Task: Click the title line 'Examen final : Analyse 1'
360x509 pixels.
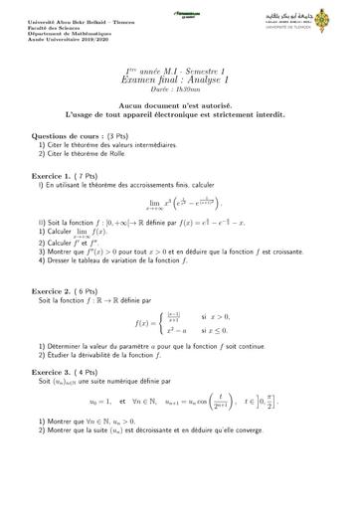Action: (x=181, y=83)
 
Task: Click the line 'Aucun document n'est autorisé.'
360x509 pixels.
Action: (x=180, y=106)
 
